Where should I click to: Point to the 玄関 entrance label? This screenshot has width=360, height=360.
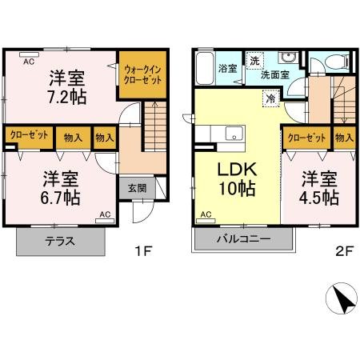point(136,188)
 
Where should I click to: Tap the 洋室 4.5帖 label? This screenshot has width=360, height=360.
point(319,186)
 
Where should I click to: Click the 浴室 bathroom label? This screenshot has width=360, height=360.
point(227,69)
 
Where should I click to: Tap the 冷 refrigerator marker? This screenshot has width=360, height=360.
point(271,98)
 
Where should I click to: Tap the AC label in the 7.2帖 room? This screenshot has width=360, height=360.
point(28,61)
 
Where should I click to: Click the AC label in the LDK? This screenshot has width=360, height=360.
point(206,214)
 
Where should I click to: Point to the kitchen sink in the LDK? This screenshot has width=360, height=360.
point(234,132)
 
